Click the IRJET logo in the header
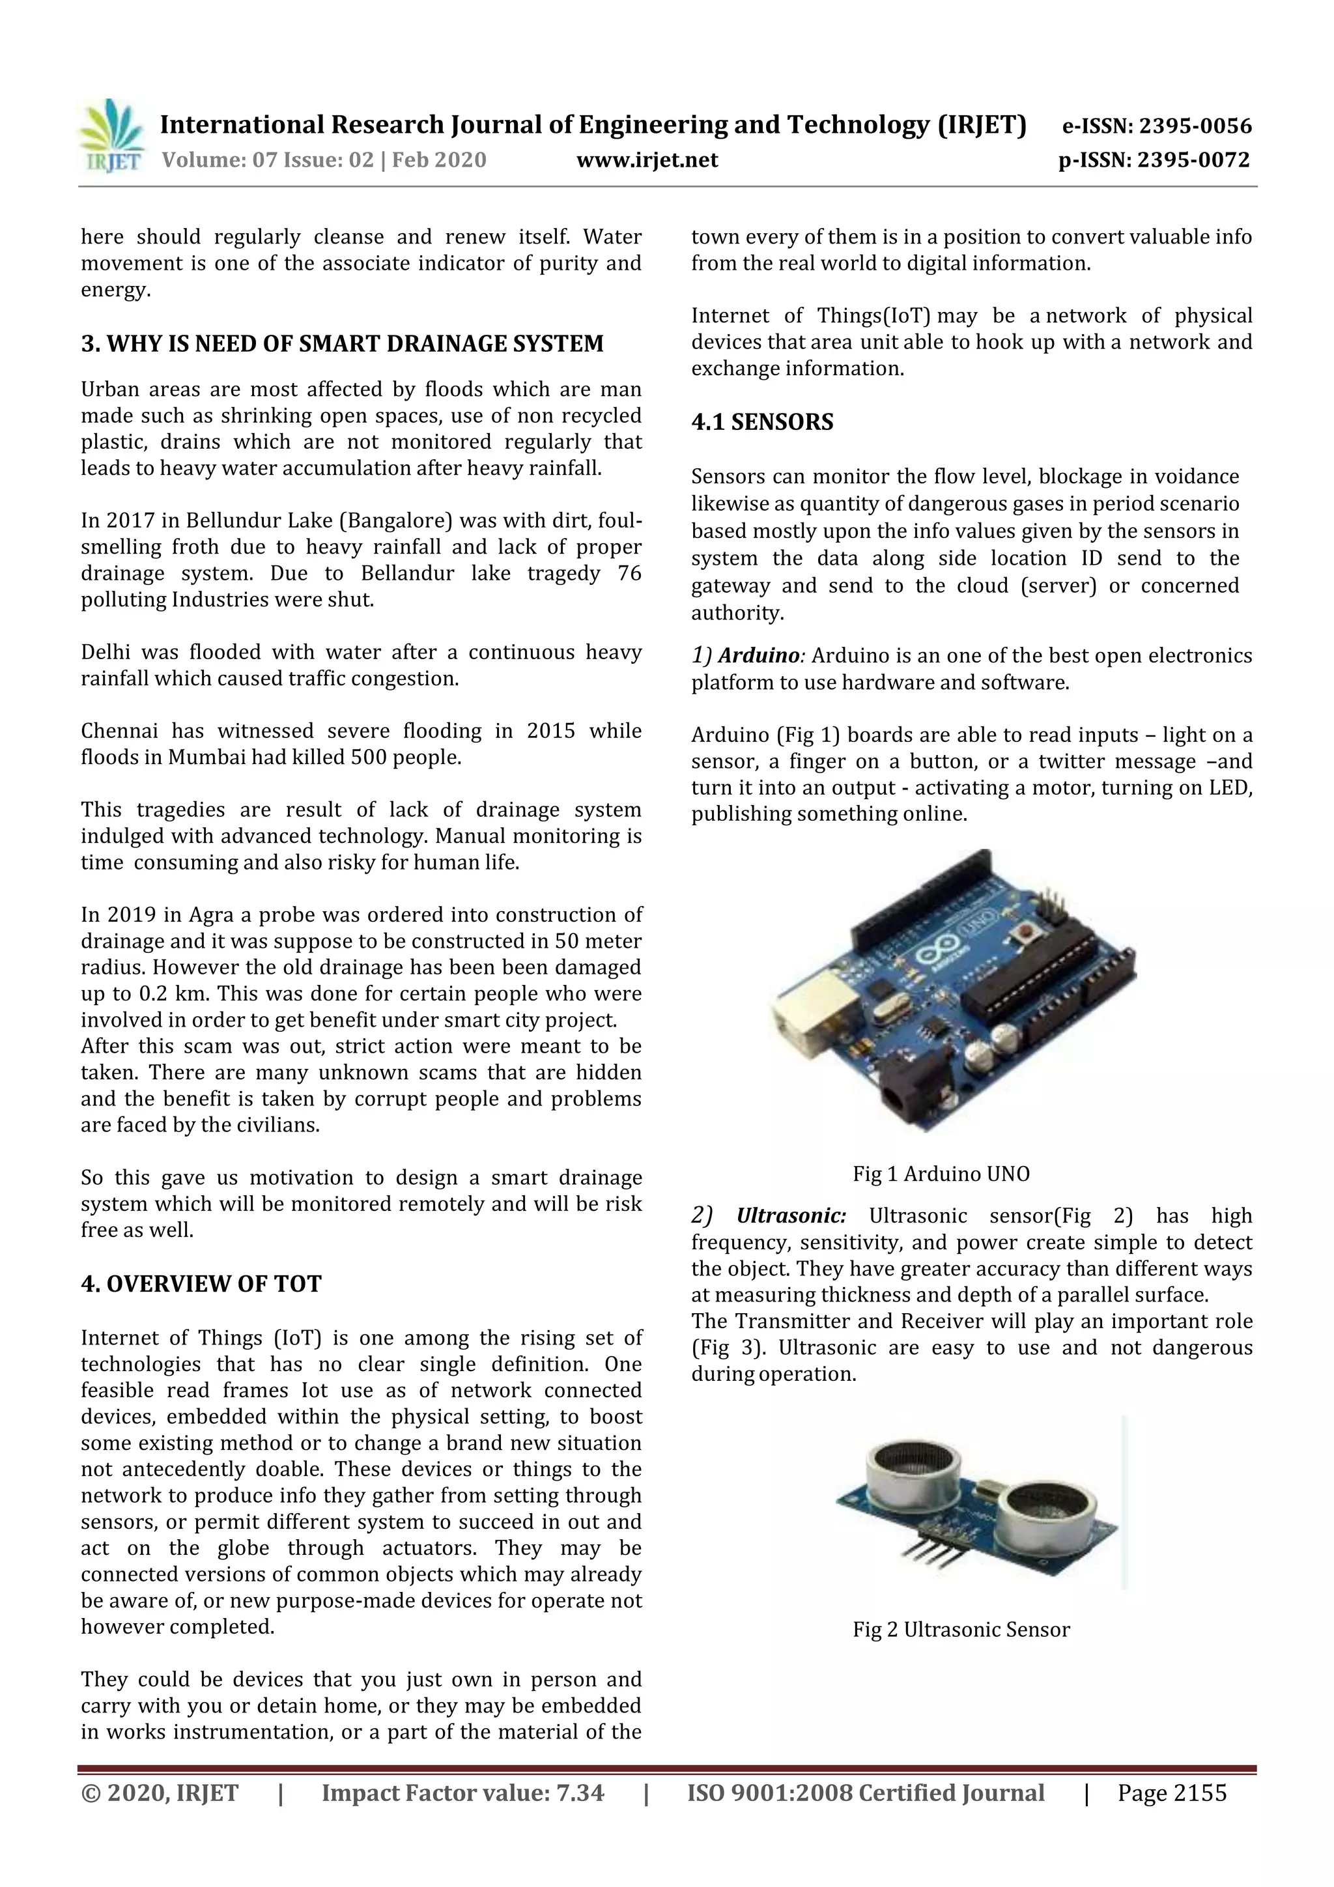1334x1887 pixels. click(113, 135)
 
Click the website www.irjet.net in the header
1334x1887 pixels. click(647, 160)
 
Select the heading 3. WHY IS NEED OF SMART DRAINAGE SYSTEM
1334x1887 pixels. click(342, 343)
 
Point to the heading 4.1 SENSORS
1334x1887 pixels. click(762, 423)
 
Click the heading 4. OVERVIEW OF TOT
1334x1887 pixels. click(201, 1284)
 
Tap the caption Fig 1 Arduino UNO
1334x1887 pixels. click(941, 1174)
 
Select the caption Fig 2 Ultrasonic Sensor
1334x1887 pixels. click(961, 1630)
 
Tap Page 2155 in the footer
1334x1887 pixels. click(1171, 1793)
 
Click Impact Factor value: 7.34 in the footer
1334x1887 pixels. click(462, 1793)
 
